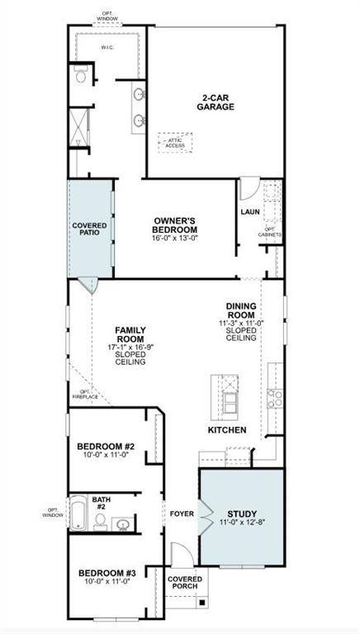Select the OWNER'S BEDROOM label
[174, 225]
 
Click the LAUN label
[250, 212]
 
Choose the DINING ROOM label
[245, 310]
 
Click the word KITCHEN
[227, 430]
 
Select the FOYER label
[182, 514]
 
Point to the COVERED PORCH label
[184, 584]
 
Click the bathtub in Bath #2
[77, 514]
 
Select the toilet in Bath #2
[99, 521]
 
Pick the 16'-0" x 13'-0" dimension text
[174, 239]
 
